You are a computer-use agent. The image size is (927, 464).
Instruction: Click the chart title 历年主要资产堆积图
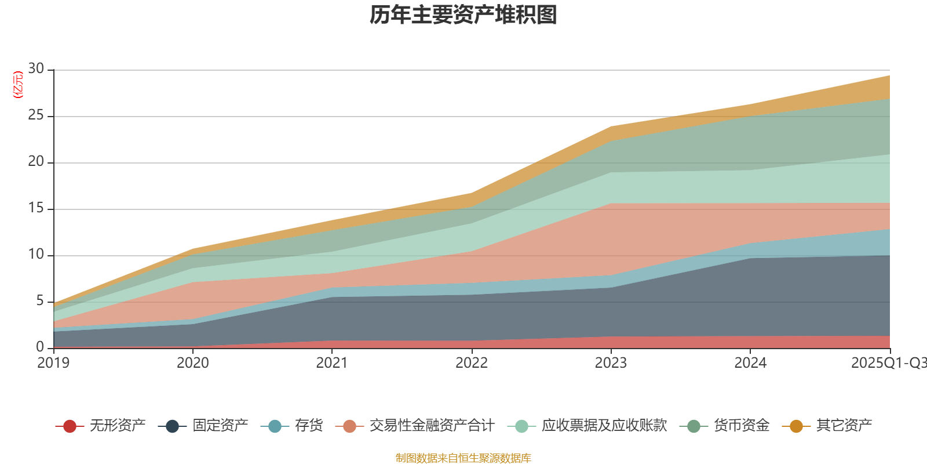[x=463, y=15]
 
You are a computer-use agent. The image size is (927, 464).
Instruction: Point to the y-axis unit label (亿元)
[x=18, y=85]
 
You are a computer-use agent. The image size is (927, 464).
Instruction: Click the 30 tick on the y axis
[x=36, y=69]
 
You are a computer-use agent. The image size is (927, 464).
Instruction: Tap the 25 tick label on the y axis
[x=36, y=115]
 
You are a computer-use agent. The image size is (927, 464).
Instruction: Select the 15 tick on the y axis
[x=36, y=208]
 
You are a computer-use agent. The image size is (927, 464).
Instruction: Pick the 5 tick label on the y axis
[x=39, y=301]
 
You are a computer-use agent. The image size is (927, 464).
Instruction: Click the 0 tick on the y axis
[x=39, y=347]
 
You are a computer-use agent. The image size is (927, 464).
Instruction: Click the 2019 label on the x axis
[x=53, y=363]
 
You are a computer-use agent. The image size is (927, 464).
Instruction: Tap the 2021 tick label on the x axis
[x=332, y=363]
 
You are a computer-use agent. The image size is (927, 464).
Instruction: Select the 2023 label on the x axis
[x=611, y=363]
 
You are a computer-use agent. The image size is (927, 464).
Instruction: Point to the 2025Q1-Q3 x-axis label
[x=888, y=363]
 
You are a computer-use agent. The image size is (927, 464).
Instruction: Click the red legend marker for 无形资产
[x=70, y=426]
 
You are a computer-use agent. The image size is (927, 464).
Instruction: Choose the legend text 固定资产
[x=220, y=426]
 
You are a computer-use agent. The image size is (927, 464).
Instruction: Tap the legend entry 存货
[x=308, y=426]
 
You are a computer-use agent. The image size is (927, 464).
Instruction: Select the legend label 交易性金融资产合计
[x=432, y=426]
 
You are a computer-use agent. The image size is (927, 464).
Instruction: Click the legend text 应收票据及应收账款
[x=604, y=426]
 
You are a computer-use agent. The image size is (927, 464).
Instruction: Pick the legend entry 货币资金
[x=741, y=426]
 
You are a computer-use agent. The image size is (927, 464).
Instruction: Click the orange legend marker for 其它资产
[x=796, y=426]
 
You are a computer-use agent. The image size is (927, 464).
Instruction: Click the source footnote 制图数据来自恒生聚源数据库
[x=463, y=458]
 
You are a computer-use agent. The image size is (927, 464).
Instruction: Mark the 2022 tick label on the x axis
[x=472, y=363]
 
